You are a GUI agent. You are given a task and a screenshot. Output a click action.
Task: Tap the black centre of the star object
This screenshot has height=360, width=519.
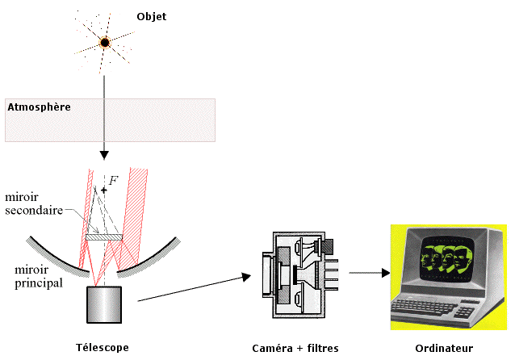[x=104, y=41]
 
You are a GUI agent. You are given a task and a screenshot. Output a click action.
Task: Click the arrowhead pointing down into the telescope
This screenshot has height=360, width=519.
[x=104, y=153]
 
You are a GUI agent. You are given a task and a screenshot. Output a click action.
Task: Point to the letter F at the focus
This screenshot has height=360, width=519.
[x=113, y=179]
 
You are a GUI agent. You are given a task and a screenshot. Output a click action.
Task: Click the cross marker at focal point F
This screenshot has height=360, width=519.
[x=103, y=190]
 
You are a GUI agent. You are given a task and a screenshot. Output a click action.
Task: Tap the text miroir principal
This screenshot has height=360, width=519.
[x=31, y=276]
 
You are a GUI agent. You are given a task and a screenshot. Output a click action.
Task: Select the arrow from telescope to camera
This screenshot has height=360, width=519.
[x=194, y=288]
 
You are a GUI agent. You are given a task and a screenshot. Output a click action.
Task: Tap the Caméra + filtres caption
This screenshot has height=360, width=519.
[x=295, y=348]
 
